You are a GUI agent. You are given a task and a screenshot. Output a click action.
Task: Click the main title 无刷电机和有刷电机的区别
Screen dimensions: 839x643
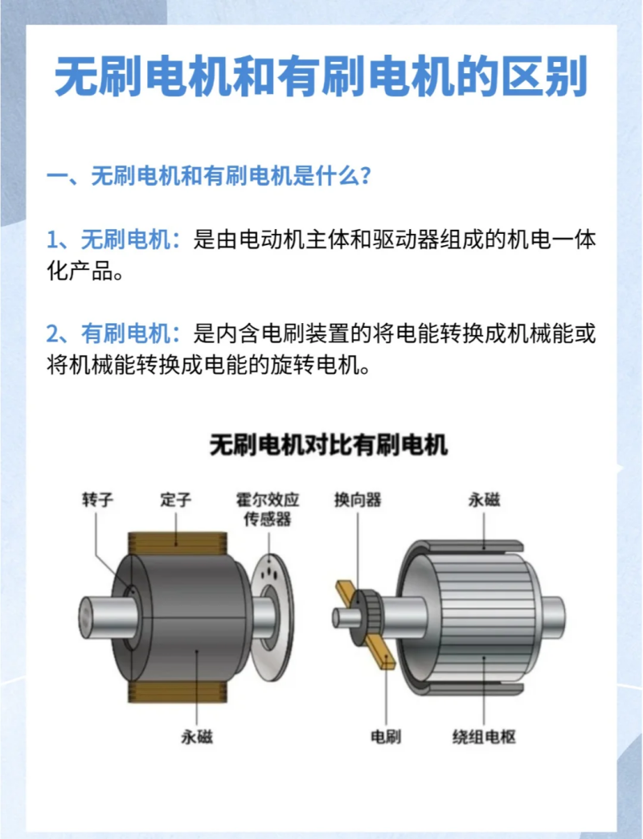pos(321,78)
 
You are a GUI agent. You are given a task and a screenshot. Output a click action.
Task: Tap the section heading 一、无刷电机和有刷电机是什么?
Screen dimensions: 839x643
pos(208,176)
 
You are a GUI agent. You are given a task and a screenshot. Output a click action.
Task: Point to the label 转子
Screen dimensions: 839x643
pos(96,500)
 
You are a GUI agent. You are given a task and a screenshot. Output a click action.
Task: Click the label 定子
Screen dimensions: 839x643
pos(175,500)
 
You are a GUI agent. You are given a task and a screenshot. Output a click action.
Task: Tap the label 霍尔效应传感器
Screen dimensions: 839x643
pos(268,509)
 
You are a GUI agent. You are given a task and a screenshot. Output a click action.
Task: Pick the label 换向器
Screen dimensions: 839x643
pos(358,500)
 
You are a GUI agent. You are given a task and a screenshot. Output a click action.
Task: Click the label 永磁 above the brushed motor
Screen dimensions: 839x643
pos(484,500)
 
